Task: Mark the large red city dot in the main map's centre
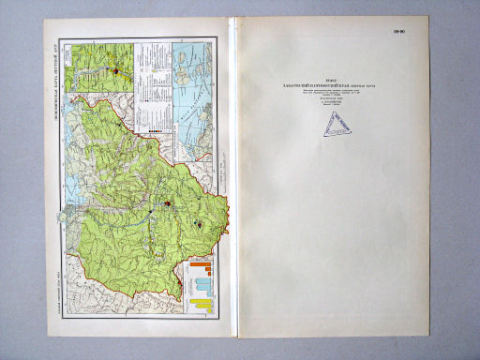click(168, 202)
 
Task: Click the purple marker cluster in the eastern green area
click(199, 225)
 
